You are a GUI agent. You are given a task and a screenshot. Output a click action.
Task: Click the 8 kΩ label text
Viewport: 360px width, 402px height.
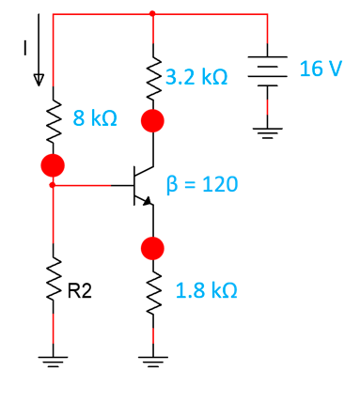coord(96,119)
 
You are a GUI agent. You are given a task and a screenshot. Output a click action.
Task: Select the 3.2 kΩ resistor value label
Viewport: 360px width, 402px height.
coord(196,77)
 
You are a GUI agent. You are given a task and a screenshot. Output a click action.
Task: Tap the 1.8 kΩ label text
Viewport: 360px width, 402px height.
coord(206,290)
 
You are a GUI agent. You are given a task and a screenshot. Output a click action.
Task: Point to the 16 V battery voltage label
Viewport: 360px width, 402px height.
coord(321,70)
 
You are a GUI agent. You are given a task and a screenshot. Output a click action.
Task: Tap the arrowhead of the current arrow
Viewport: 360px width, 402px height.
coord(39,79)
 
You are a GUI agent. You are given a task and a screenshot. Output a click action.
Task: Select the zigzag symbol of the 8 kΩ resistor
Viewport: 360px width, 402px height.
coord(53,118)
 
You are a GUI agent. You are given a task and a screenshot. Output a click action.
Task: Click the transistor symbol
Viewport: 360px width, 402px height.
coord(142,185)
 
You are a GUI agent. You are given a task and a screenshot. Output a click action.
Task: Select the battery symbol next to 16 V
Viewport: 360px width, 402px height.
coord(269,73)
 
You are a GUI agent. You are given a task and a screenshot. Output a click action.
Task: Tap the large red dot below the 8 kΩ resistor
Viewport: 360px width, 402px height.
coord(53,165)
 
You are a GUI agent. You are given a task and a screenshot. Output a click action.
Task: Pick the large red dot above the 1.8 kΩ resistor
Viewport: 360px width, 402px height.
coord(152,248)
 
